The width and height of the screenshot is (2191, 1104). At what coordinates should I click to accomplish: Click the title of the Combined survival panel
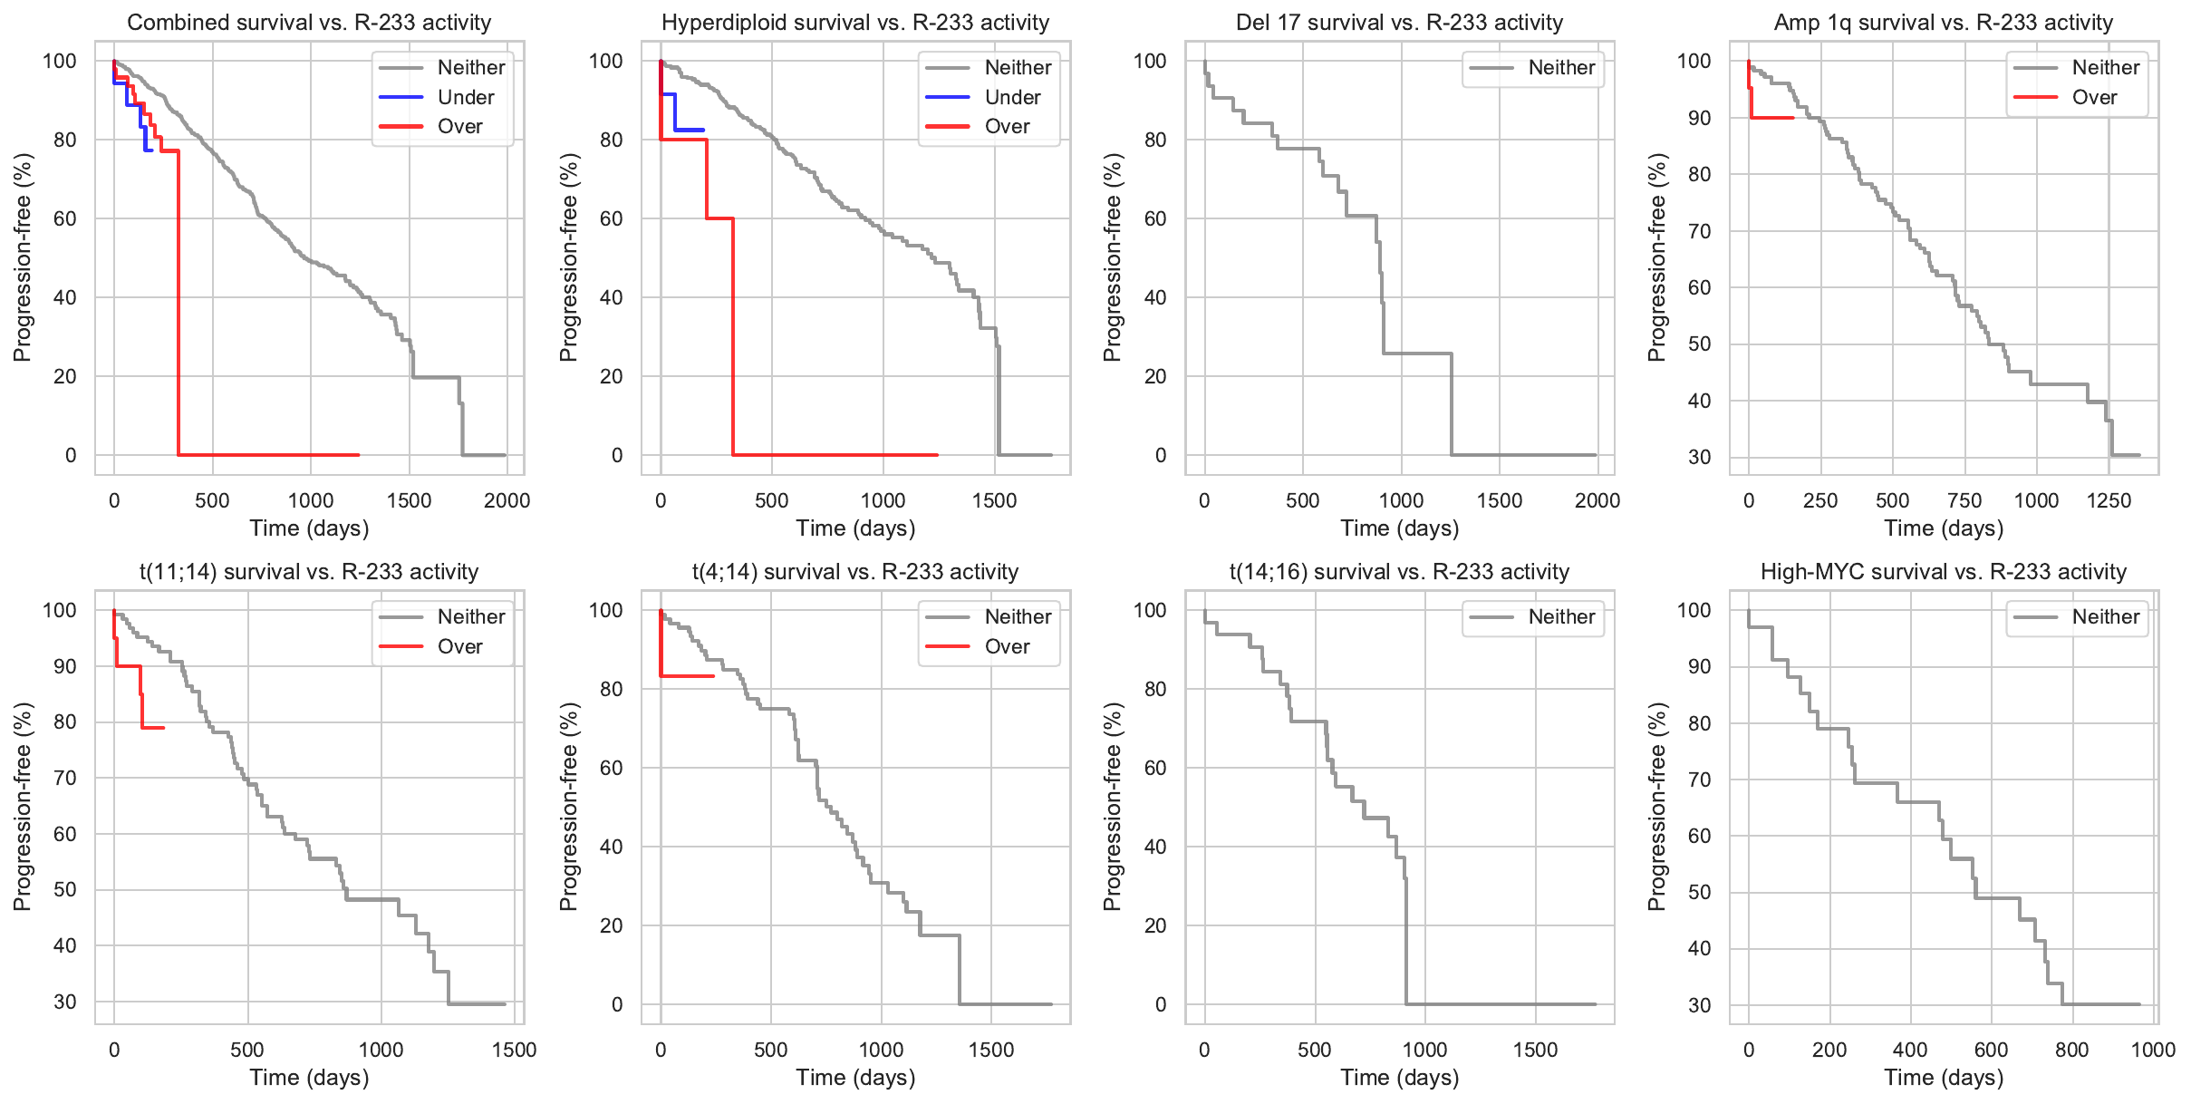point(309,23)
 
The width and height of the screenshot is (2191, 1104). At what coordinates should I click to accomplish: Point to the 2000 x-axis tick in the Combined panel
point(507,500)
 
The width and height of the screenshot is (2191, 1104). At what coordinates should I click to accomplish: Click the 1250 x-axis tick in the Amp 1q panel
point(2109,500)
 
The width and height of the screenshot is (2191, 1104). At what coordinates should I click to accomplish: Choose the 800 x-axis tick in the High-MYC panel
point(2071,1050)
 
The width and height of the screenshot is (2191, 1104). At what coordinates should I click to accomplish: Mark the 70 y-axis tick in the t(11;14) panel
point(65,778)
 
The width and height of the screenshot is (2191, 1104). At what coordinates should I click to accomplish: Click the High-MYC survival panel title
point(1943,572)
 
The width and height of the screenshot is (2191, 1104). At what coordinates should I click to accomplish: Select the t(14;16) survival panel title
point(1399,572)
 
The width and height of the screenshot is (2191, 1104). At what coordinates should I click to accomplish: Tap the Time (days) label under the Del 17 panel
point(1399,528)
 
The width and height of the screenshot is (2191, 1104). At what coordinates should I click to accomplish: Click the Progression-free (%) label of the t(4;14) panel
point(568,807)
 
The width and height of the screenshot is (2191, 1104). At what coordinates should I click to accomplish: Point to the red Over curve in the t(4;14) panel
point(689,676)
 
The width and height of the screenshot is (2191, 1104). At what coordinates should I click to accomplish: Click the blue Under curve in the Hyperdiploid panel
point(689,131)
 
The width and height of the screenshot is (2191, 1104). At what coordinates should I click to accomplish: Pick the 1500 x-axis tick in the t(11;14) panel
point(514,1050)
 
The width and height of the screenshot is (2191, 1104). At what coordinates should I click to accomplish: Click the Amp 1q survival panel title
point(1943,23)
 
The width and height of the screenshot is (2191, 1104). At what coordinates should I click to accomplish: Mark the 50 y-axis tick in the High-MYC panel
point(1699,892)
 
